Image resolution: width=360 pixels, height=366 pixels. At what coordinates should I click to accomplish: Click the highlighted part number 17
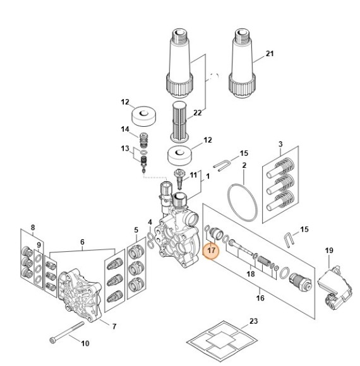211,251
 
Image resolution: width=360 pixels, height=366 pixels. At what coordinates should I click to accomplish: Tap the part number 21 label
270,54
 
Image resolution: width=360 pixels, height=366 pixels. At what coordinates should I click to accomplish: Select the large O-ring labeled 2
243,203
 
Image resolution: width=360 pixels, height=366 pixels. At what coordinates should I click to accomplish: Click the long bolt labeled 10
67,333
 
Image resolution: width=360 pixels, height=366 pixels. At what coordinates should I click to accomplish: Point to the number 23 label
253,321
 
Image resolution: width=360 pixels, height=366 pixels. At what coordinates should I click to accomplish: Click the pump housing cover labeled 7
80,295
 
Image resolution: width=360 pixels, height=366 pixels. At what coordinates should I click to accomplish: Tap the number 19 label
329,251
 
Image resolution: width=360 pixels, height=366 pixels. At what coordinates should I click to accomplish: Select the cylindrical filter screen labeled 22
179,122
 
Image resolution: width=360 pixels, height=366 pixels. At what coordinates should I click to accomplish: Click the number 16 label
260,298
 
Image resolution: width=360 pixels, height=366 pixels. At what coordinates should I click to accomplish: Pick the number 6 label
82,242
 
